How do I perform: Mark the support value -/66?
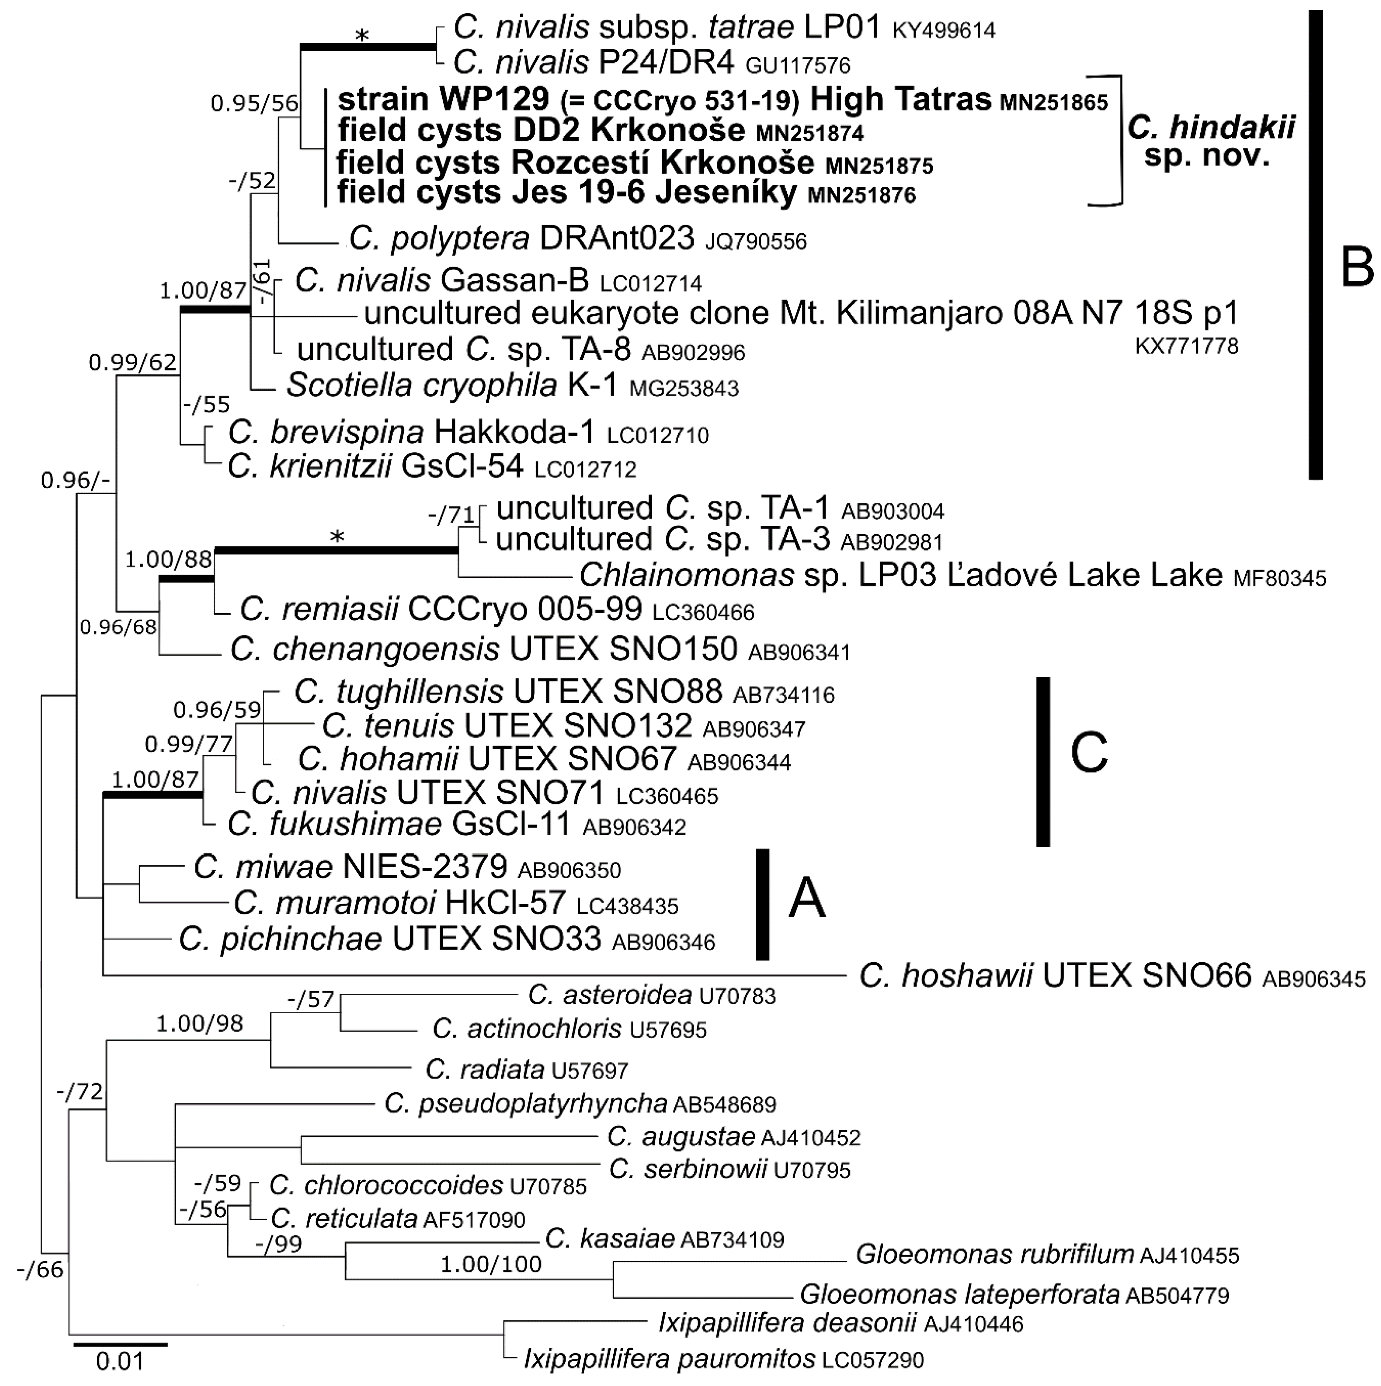coord(40,1270)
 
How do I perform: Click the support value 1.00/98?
coord(199,1024)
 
